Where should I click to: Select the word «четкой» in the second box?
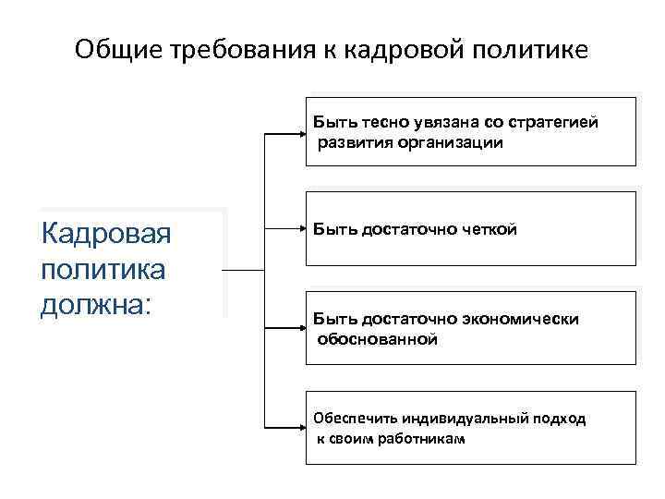coord(487,228)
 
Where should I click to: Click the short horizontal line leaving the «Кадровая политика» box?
coord(245,271)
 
